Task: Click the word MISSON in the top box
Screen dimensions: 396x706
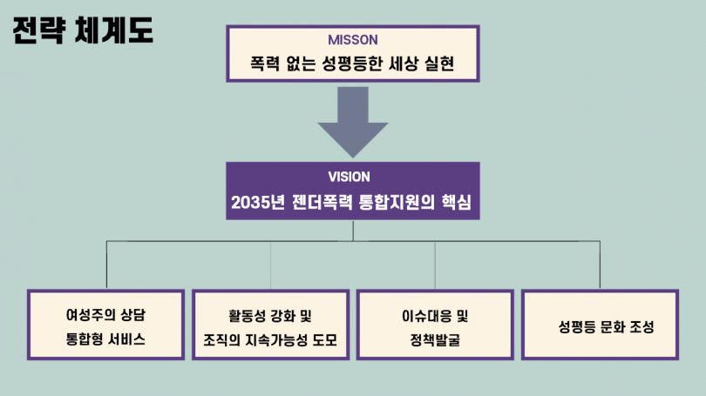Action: [x=352, y=40]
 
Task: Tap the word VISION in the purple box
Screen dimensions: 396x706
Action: [x=352, y=176]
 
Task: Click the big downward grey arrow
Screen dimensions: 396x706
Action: [x=352, y=121]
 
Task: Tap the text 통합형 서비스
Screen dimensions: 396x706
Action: [x=105, y=339]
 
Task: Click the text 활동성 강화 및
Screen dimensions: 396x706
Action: [x=270, y=314]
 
